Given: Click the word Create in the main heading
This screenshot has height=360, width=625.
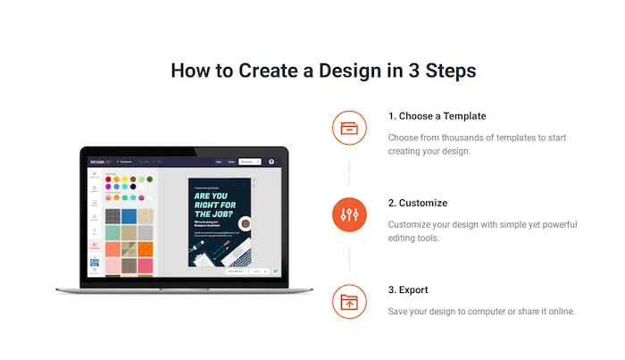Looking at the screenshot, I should tap(273, 71).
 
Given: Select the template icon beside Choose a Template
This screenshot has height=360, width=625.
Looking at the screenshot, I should tap(349, 127).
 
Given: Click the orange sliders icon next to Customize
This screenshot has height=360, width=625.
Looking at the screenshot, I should tap(349, 214).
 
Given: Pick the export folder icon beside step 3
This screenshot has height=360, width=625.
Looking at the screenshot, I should tap(349, 301).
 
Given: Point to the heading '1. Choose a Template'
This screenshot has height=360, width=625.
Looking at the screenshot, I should tap(437, 116).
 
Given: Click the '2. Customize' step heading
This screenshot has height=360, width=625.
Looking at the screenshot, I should tap(417, 203).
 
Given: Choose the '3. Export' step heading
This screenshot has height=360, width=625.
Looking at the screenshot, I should tap(408, 290).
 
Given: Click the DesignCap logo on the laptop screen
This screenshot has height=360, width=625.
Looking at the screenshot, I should tap(99, 161).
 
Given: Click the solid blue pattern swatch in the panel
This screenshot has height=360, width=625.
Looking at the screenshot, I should tap(129, 216).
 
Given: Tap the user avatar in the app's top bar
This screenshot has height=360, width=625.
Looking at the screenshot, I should tap(271, 162).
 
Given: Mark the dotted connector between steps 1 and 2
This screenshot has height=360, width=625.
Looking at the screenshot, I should tap(349, 171).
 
